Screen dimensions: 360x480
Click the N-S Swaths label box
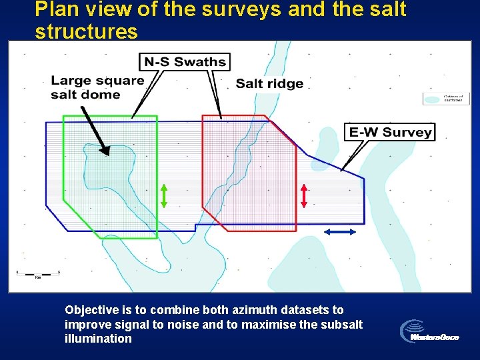185,62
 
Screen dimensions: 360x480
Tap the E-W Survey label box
390,132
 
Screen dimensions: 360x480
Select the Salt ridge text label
269,83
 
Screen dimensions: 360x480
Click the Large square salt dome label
97,87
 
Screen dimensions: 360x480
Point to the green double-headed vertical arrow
163,195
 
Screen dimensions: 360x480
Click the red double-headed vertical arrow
304,195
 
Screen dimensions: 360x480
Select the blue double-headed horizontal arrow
340,231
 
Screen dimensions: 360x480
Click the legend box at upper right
446,98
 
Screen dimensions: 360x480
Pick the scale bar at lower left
39,273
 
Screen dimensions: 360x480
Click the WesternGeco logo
430,331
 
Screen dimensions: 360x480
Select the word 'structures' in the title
86,31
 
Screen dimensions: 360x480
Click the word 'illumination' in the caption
98,339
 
